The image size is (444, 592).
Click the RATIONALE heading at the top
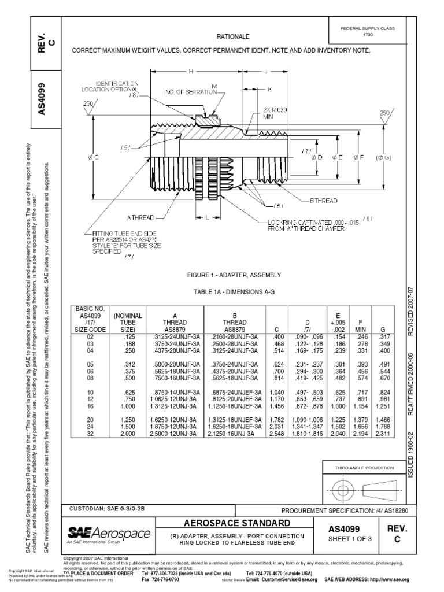tap(233, 36)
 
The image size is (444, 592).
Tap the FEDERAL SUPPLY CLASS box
tap(368, 31)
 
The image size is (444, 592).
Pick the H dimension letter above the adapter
tap(190, 71)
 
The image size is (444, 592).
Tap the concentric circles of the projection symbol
tap(343, 491)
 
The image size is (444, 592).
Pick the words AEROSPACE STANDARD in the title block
tap(234, 523)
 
